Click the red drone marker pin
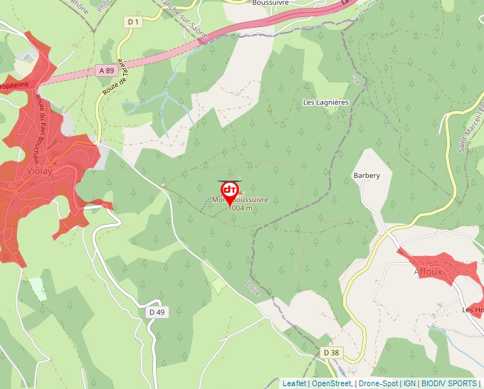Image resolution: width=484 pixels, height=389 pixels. [x=230, y=191]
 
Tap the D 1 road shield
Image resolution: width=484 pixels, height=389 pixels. [x=132, y=22]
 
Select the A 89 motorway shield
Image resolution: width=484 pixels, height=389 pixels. [x=106, y=70]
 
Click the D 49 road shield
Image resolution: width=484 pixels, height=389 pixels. [x=157, y=312]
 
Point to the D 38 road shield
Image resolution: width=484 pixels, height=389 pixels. [x=331, y=353]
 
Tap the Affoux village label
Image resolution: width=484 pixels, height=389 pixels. [x=428, y=272]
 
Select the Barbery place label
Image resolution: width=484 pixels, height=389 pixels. [x=367, y=176]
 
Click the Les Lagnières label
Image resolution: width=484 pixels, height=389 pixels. [x=326, y=102]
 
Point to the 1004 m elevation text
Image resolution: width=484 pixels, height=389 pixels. [x=241, y=208]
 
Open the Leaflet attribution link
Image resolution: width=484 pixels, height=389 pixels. [x=294, y=383]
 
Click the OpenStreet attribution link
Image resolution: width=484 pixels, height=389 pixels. [x=332, y=383]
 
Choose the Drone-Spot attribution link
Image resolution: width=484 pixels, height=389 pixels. [x=378, y=383]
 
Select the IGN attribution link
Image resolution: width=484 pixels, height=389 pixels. [x=410, y=383]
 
